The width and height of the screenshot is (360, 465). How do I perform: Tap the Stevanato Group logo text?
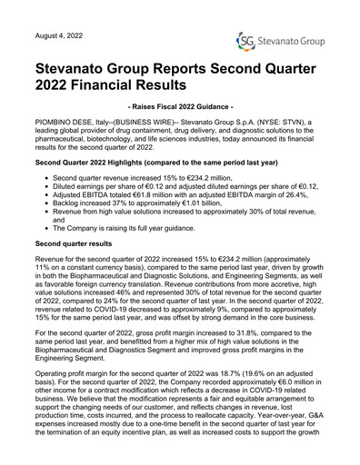coord(289,42)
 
